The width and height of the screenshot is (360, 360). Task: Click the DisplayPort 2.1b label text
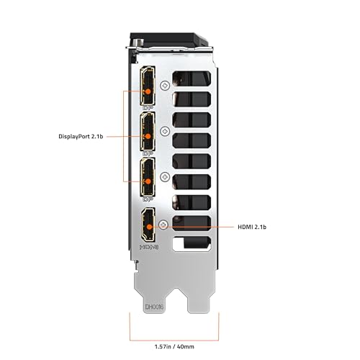pyautogui.click(x=81, y=137)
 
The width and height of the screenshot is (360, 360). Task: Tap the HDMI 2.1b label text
pyautogui.click(x=252, y=227)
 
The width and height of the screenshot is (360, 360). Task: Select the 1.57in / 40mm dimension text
pyautogui.click(x=174, y=346)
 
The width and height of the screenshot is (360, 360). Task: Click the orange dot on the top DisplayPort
pyautogui.click(x=148, y=91)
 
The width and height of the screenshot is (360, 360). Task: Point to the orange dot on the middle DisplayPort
pyautogui.click(x=148, y=136)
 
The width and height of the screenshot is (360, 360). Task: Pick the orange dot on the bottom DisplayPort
pyautogui.click(x=148, y=181)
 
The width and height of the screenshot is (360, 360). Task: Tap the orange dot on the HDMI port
pyautogui.click(x=149, y=227)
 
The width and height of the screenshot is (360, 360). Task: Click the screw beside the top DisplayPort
pyautogui.click(x=165, y=86)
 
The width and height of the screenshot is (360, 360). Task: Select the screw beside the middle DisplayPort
pyautogui.click(x=165, y=131)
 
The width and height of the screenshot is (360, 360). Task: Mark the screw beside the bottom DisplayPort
pyautogui.click(x=165, y=177)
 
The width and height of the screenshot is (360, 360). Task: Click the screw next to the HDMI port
pyautogui.click(x=163, y=225)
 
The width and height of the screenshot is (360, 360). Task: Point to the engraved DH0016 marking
pyautogui.click(x=154, y=307)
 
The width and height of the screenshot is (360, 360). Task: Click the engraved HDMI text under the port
pyautogui.click(x=149, y=247)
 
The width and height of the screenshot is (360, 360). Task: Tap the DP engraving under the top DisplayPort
pyautogui.click(x=148, y=108)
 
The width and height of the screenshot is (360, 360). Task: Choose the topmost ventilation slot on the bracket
pyautogui.click(x=192, y=78)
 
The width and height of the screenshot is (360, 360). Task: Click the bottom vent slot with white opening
pyautogui.click(x=192, y=244)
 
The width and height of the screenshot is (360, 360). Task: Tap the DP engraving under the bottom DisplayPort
pyautogui.click(x=148, y=199)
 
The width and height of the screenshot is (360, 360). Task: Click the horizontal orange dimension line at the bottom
pyautogui.click(x=174, y=341)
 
